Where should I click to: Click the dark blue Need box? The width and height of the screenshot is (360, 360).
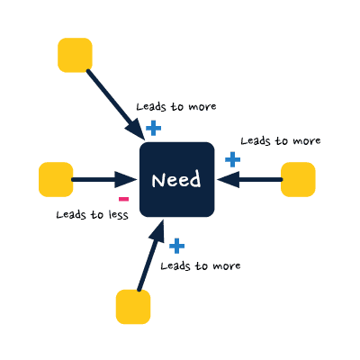[x=177, y=179]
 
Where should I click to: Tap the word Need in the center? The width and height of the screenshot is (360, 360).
[x=176, y=180]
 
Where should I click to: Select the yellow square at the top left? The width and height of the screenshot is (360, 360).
[x=75, y=55]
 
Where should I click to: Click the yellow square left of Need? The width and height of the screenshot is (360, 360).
[x=56, y=179]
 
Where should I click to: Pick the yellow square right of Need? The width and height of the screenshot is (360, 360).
[x=298, y=179]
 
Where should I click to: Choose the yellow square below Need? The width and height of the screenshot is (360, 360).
[x=133, y=307]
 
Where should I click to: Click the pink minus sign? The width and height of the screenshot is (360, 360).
[x=123, y=199]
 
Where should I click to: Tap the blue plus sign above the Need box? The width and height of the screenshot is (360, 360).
[x=154, y=129]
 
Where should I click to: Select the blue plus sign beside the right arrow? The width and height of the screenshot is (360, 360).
[x=233, y=159]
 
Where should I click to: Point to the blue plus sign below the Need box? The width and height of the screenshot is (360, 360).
[x=177, y=246]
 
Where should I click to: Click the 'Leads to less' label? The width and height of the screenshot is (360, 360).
[x=93, y=215]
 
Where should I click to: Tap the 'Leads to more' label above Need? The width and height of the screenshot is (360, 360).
[x=176, y=107]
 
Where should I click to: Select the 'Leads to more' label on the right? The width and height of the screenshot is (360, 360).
[x=281, y=140]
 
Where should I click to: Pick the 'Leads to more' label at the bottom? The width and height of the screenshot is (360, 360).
[x=201, y=265]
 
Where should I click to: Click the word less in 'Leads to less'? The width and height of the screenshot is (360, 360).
[x=119, y=215]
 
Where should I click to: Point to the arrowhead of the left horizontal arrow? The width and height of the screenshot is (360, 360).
[x=126, y=179]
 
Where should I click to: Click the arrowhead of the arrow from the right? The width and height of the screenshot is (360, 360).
[x=229, y=179]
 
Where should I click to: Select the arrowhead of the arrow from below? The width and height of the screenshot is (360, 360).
[x=158, y=230]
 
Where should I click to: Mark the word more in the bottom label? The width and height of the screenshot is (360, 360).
[x=227, y=266]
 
